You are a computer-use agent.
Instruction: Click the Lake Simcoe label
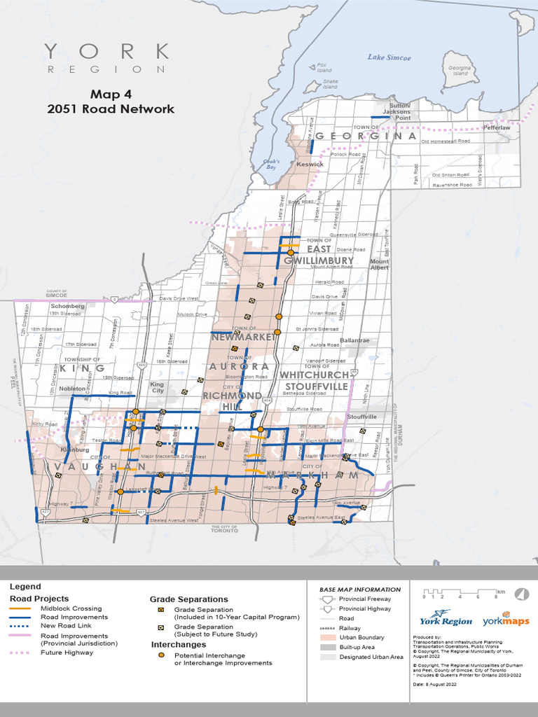(x=389, y=57)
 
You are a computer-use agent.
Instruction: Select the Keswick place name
(x=310, y=165)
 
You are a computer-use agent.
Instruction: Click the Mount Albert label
(x=379, y=264)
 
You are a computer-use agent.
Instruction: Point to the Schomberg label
(x=67, y=307)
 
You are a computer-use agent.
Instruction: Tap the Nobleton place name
(x=71, y=388)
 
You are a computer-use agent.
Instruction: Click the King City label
(x=158, y=387)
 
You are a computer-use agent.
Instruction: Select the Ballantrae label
(x=354, y=340)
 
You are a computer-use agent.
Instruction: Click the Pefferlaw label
(x=496, y=128)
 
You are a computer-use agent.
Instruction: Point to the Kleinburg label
(x=75, y=450)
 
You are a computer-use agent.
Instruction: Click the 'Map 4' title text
(x=111, y=93)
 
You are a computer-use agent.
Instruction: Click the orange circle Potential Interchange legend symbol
(x=161, y=655)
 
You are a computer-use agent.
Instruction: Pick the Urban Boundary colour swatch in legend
(x=326, y=638)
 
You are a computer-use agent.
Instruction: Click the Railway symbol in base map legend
(x=326, y=629)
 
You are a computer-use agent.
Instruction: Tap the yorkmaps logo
(x=505, y=620)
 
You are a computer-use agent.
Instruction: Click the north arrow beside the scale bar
(x=521, y=594)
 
